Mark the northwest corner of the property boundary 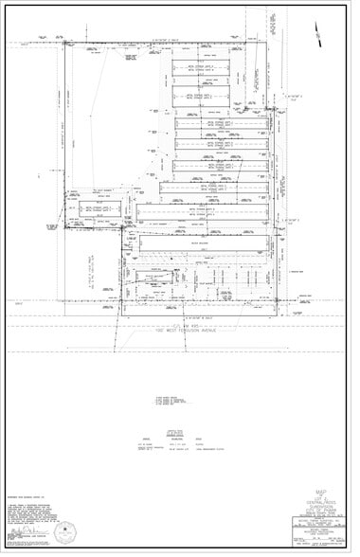click(x=64, y=44)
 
